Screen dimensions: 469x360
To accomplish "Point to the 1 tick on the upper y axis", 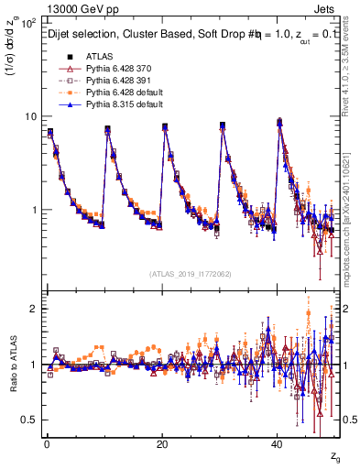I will pos(34,210).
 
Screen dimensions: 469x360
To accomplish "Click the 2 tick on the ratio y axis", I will pos(34,309).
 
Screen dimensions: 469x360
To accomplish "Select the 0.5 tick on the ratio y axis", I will pos(30,420).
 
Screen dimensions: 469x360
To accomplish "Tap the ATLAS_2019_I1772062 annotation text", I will pos(190,273).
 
